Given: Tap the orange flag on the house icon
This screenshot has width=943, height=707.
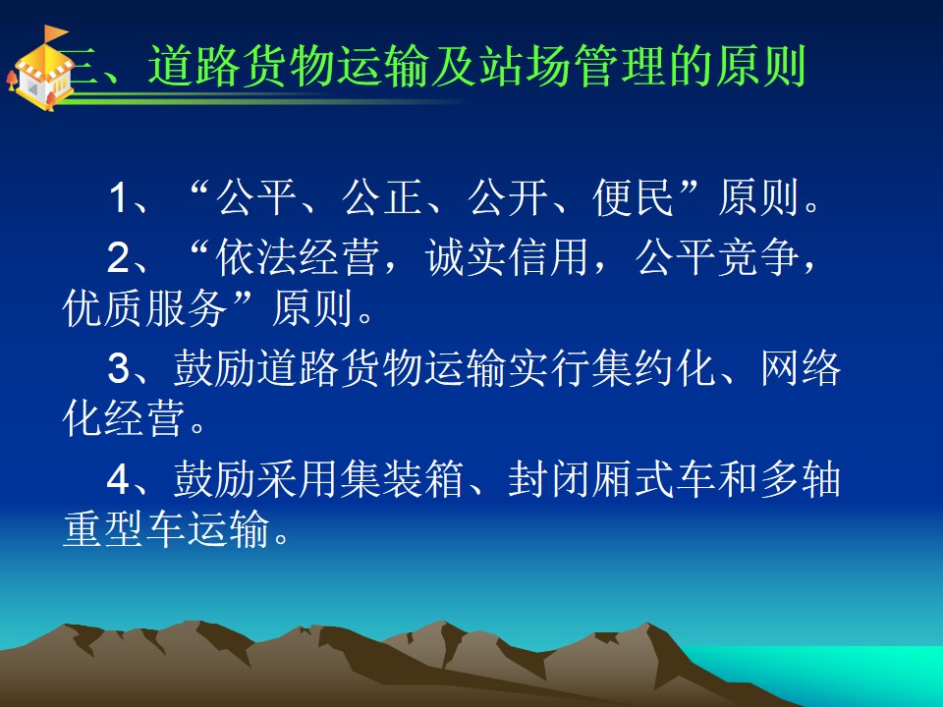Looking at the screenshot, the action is pyautogui.click(x=56, y=33).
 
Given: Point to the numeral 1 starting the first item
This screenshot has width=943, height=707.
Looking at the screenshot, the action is pyautogui.click(x=118, y=197).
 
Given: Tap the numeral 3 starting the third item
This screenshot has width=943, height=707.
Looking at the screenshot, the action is pyautogui.click(x=118, y=368).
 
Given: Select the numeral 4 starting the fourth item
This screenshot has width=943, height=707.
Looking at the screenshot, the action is pyautogui.click(x=118, y=479).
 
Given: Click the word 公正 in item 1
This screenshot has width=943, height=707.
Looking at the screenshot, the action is pyautogui.click(x=382, y=197).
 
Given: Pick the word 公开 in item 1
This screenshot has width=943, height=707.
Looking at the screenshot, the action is pyautogui.click(x=508, y=197).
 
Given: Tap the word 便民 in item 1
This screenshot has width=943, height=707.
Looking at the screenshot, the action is pyautogui.click(x=634, y=197).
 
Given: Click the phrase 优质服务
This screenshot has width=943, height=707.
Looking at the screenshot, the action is pyautogui.click(x=144, y=308).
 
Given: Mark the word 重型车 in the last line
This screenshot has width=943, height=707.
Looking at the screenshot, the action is pyautogui.click(x=124, y=529).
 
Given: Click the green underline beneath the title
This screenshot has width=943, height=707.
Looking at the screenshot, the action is pyautogui.click(x=264, y=101).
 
